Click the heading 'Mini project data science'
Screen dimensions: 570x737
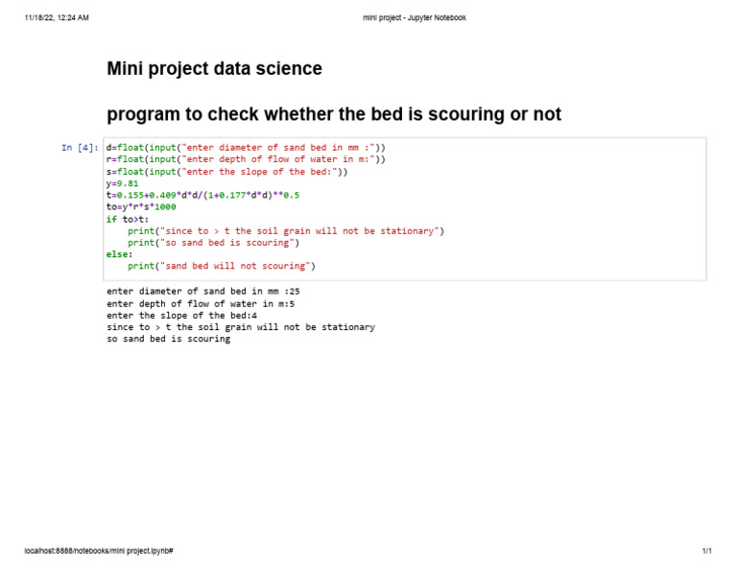[x=214, y=69]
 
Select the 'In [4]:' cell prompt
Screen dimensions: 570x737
[x=80, y=148]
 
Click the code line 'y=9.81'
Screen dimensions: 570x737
[x=123, y=182]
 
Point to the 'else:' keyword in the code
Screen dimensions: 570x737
[x=120, y=254]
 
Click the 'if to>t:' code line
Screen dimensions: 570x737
[x=128, y=219]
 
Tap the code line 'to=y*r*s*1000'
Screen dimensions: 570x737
[x=141, y=206]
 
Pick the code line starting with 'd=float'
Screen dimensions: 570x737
[x=246, y=148]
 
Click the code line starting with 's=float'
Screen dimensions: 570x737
[x=226, y=172]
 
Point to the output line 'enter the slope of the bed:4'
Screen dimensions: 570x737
[x=181, y=315]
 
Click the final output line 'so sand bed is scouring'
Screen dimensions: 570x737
[x=168, y=339]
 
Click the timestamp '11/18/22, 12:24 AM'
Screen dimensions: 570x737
[x=57, y=18]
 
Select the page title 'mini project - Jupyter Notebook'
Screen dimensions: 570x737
[x=415, y=18]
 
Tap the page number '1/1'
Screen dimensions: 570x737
[x=706, y=552]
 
